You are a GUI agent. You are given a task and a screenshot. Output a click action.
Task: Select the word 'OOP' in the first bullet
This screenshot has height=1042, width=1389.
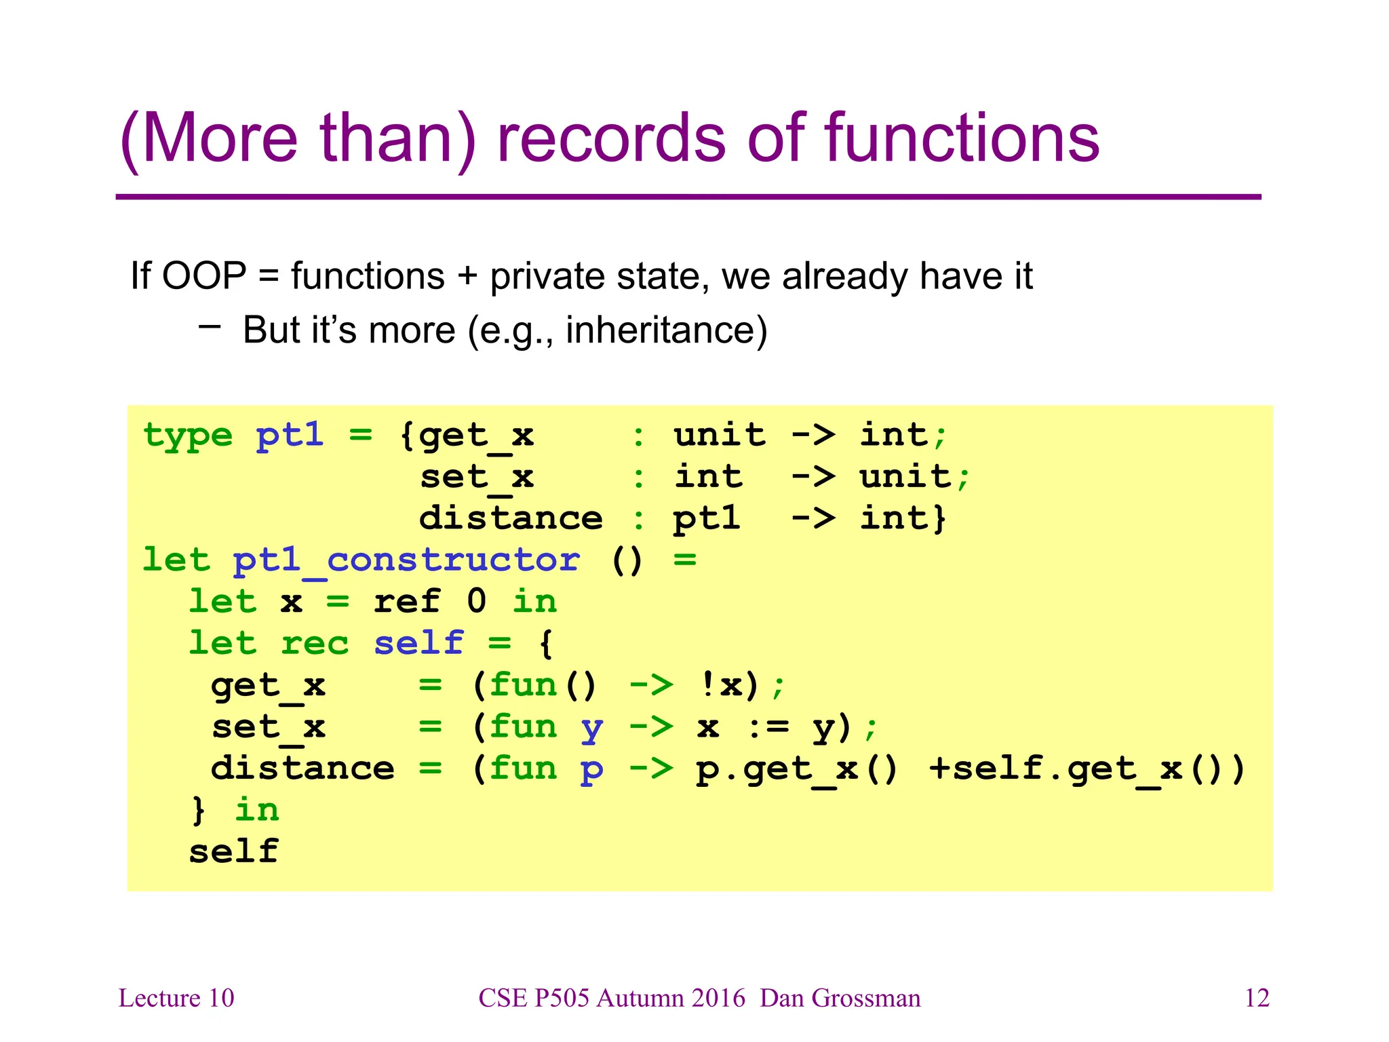click(x=204, y=276)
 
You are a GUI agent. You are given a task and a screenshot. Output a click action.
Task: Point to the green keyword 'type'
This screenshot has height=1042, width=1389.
click(x=188, y=436)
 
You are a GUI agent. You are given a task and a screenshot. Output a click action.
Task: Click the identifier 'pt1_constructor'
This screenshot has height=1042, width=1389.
click(x=406, y=560)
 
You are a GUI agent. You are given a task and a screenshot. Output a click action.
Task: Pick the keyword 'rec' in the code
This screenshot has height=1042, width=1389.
click(x=315, y=643)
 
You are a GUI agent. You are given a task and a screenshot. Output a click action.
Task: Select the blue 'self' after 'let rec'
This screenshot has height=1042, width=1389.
click(x=418, y=643)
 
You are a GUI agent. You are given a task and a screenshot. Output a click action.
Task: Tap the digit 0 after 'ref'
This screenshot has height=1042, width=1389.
click(x=477, y=602)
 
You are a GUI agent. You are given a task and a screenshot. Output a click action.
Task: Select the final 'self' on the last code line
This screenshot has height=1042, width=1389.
click(x=233, y=852)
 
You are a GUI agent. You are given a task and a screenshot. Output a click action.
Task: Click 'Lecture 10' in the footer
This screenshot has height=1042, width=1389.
click(x=176, y=998)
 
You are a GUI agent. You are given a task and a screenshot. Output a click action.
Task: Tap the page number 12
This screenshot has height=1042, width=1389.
click(x=1257, y=998)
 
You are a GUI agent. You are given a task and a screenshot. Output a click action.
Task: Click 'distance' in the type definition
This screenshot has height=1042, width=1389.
click(x=511, y=519)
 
